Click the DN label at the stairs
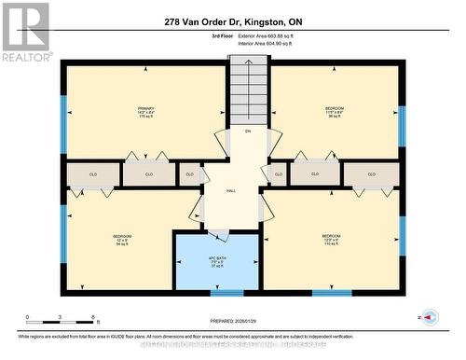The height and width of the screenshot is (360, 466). [x=248, y=132]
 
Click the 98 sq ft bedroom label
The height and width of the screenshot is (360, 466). [x=335, y=112]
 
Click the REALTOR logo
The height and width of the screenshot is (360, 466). [x=25, y=32]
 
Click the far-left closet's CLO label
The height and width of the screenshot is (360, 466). [x=93, y=173]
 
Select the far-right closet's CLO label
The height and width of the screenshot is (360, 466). [x=371, y=173]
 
